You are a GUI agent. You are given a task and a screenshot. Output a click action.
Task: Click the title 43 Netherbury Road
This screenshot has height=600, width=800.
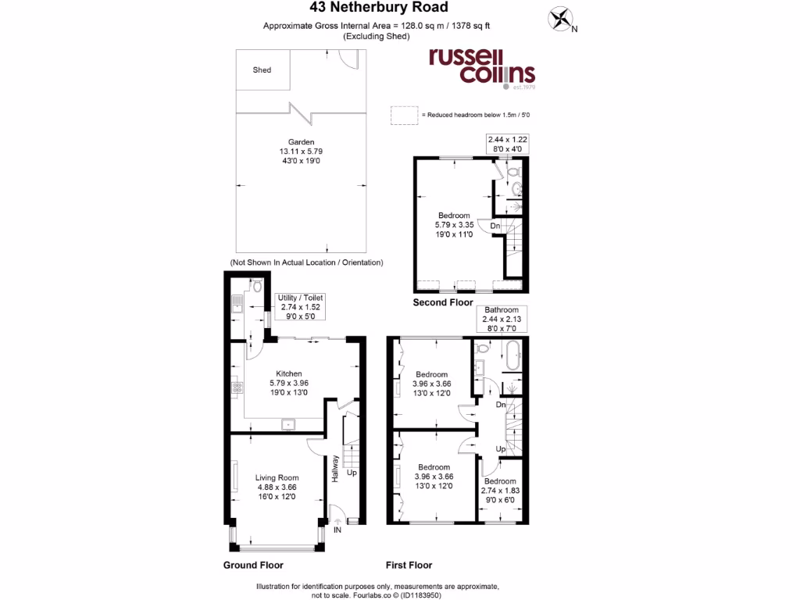pyautogui.click(x=400, y=8)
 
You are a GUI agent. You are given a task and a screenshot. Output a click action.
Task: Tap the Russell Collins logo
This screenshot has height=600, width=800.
pyautogui.click(x=480, y=67)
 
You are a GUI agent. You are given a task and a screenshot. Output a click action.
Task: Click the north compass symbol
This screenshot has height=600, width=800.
pyautogui.click(x=560, y=20)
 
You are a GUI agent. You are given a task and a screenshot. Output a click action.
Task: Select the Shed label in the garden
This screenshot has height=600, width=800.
pyautogui.click(x=262, y=70)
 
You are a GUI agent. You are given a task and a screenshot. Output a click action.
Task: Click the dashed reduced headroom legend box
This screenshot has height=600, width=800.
pyautogui.click(x=404, y=115)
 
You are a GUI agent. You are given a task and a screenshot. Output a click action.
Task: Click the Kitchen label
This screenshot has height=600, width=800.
pyautogui.click(x=289, y=384)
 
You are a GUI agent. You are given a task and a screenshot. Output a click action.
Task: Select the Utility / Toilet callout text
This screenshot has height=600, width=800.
pyautogui.click(x=301, y=308)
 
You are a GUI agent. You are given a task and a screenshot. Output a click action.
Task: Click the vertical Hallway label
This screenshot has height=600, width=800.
pyautogui.click(x=335, y=468)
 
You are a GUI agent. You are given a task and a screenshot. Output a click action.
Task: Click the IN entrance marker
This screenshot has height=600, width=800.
pyautogui.click(x=337, y=530)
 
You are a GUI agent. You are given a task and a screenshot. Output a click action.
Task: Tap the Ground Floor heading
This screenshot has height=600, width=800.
pyautogui.click(x=253, y=565)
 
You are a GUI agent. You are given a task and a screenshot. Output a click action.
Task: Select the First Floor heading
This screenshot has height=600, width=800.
pyautogui.click(x=409, y=565)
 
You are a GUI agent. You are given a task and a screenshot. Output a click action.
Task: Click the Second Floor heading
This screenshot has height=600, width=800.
pyautogui.click(x=443, y=302)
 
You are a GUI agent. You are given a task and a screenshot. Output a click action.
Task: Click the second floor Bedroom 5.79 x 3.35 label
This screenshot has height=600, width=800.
pyautogui.click(x=454, y=225)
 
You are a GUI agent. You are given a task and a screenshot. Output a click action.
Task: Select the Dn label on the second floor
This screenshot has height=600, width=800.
pyautogui.click(x=495, y=227)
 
